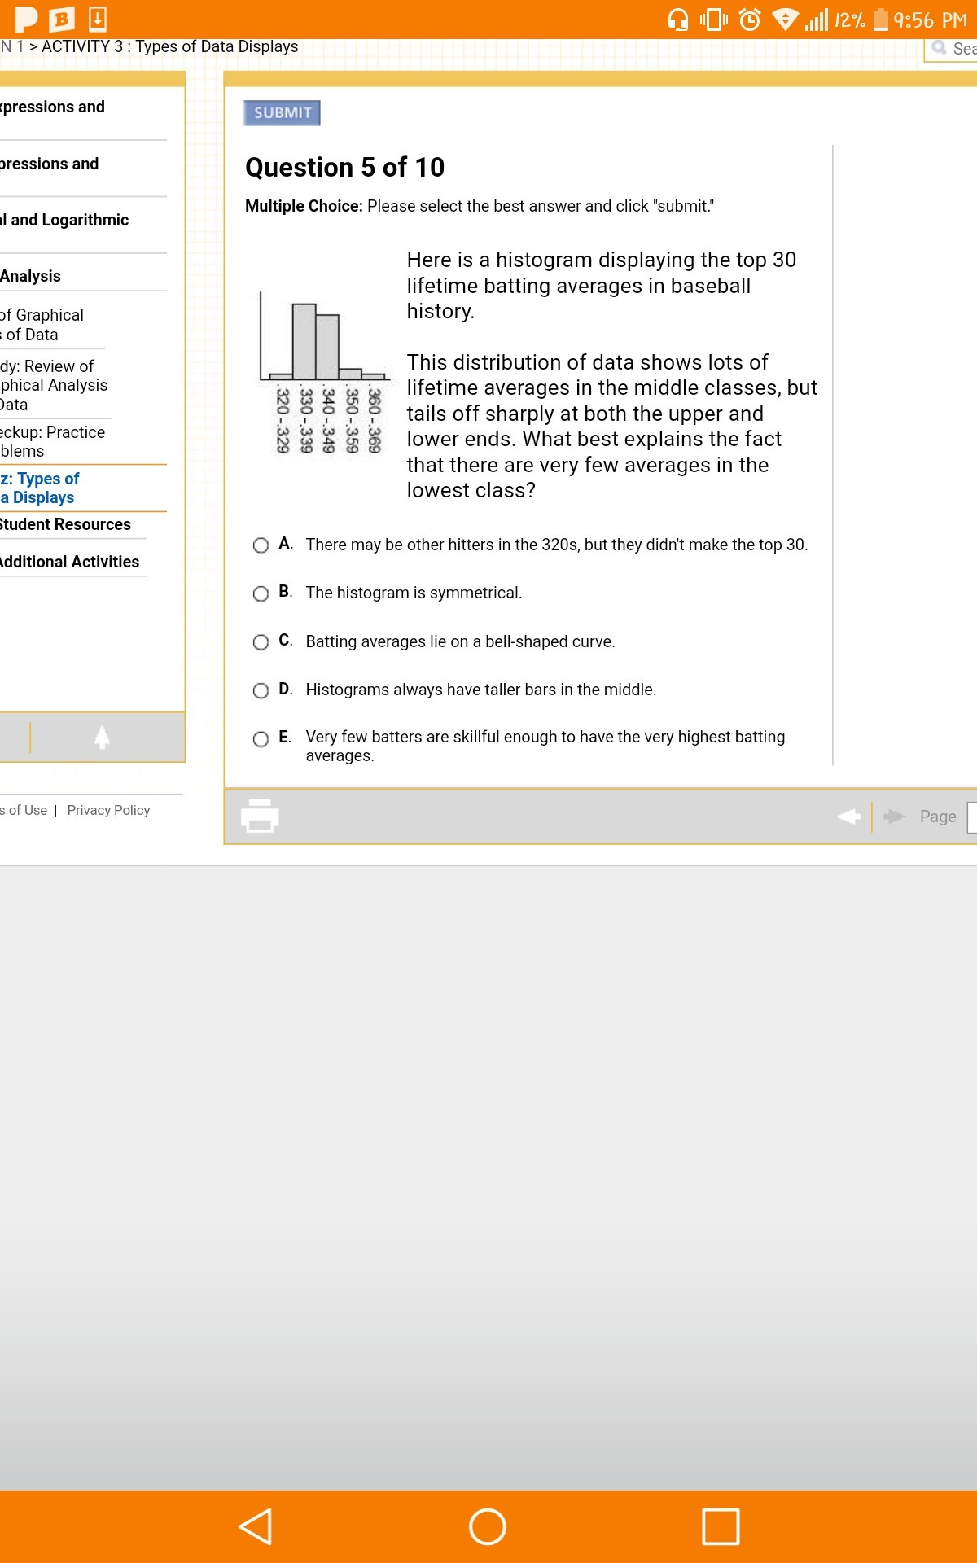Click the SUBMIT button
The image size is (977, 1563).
pos(282,113)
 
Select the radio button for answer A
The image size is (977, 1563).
pos(261,545)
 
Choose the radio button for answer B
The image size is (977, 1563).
pos(261,593)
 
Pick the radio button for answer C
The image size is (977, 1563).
pos(261,642)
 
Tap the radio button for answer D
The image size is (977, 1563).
pos(261,690)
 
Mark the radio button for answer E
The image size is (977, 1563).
pos(261,738)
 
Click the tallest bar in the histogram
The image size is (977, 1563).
pos(304,342)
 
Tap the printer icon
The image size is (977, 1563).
pos(260,816)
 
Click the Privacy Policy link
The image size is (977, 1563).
pos(108,810)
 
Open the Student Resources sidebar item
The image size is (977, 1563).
pos(65,524)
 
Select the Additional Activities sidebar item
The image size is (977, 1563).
pos(69,562)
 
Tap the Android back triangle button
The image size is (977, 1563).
pos(255,1526)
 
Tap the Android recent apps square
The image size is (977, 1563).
pos(721,1526)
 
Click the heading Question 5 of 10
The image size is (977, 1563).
pos(344,167)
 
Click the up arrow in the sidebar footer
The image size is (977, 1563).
pos(102,737)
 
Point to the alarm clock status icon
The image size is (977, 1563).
pos(749,20)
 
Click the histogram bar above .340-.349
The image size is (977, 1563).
pos(327,347)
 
